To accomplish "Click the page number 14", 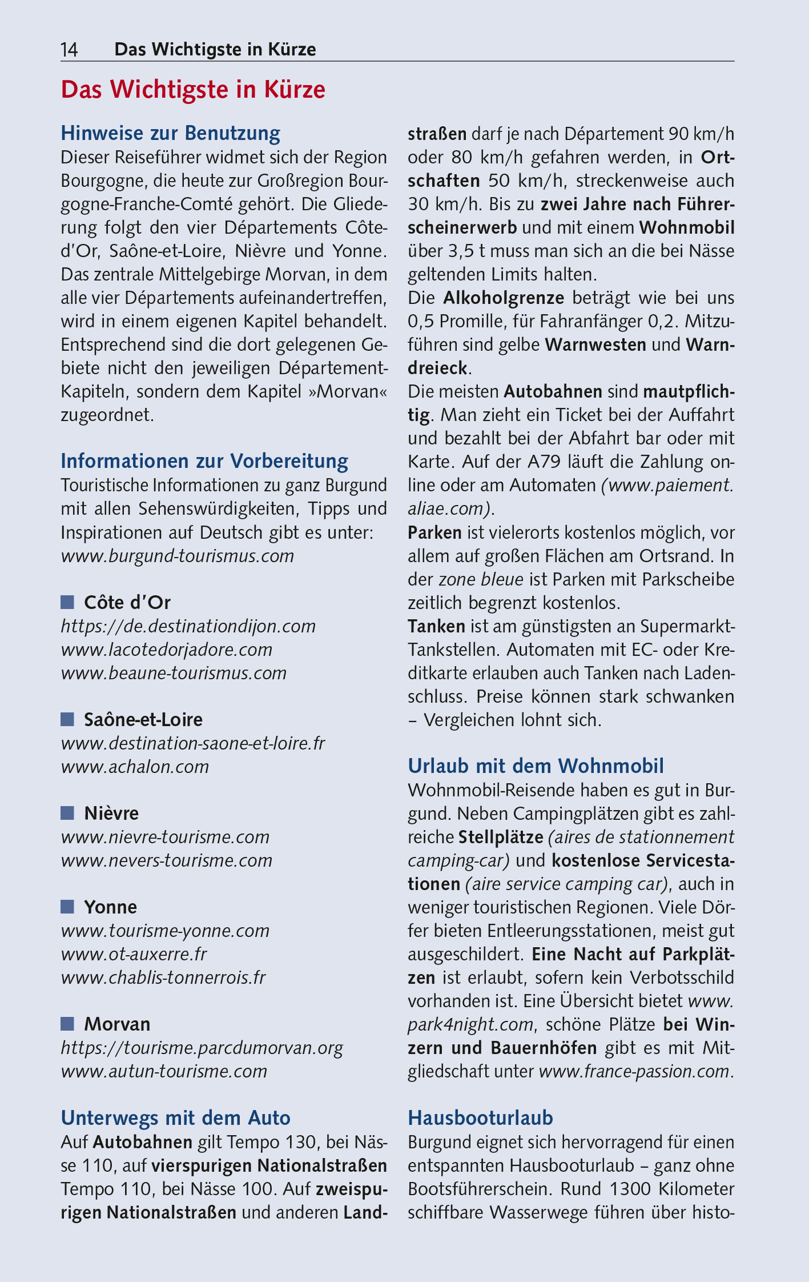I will [69, 50].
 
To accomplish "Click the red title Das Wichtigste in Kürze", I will [193, 90].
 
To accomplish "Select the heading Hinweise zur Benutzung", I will [170, 133].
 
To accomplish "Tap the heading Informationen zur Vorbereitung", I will [204, 460].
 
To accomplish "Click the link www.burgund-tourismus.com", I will [177, 555].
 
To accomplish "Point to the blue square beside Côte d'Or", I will [67, 602].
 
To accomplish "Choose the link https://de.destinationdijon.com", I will [188, 626].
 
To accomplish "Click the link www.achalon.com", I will [135, 766].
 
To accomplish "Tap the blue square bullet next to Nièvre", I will [67, 812].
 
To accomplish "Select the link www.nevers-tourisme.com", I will [166, 860].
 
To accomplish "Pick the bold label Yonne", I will [110, 907].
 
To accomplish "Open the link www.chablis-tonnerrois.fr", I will [163, 977].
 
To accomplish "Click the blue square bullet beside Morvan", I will [67, 1023].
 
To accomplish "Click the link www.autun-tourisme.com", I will [164, 1071].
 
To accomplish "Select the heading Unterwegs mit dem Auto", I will [175, 1117].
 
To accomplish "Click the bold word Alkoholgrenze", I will [504, 298].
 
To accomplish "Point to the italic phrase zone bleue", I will [481, 579].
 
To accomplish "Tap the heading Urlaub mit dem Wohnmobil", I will [536, 766].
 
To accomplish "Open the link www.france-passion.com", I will [634, 1071].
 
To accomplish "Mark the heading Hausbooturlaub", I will [480, 1117].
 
